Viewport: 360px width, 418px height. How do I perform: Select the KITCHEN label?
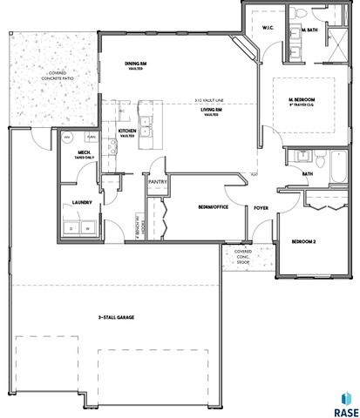coord(127,133)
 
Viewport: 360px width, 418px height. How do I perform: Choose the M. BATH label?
coord(308,30)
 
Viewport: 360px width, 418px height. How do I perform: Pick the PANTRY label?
coord(157,182)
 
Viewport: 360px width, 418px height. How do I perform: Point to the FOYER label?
coord(261,209)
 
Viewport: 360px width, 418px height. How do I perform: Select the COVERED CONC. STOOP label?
coord(243,258)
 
